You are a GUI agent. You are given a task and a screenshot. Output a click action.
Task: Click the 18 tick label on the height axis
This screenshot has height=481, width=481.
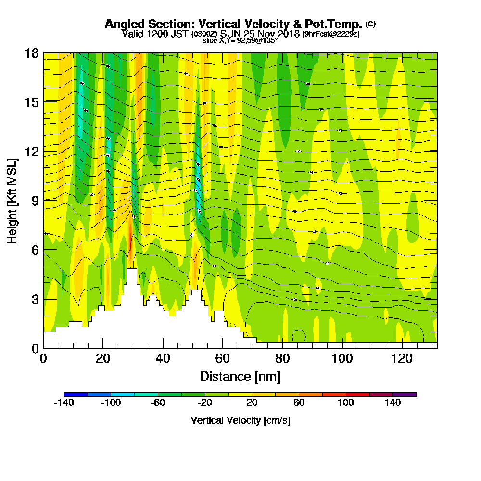click(31, 53)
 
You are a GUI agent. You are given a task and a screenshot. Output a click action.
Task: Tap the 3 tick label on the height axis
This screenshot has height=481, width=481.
click(34, 299)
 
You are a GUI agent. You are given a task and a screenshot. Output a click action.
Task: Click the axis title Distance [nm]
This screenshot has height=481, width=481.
click(240, 376)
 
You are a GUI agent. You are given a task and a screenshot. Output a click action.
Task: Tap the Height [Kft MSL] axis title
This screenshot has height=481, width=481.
click(12, 200)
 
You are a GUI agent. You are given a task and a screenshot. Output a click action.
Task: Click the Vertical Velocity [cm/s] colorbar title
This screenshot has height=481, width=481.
click(240, 420)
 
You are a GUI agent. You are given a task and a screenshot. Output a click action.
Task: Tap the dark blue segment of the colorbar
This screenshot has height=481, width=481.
click(76, 394)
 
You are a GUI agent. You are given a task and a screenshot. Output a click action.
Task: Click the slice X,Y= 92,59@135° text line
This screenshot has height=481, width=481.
click(240, 40)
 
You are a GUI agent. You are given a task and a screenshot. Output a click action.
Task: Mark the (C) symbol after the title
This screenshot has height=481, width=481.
click(370, 24)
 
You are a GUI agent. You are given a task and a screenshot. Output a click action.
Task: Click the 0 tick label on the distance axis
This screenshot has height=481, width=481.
click(43, 358)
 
